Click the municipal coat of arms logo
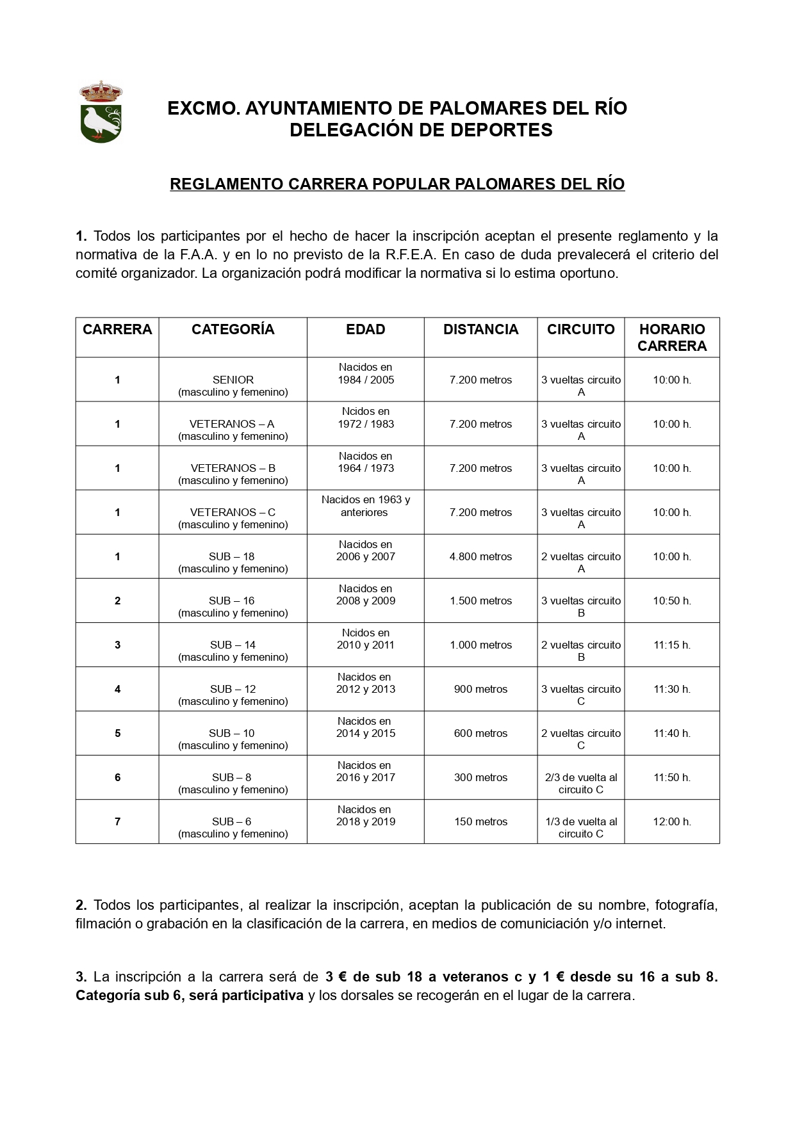pyautogui.click(x=101, y=112)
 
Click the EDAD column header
pyautogui.click(x=365, y=330)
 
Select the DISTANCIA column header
pyautogui.click(x=480, y=330)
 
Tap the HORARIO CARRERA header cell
pyautogui.click(x=671, y=337)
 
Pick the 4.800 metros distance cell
pyautogui.click(x=480, y=556)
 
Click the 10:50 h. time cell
pyautogui.click(x=671, y=601)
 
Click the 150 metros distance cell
pyautogui.click(x=480, y=821)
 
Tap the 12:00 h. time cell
pyautogui.click(x=671, y=821)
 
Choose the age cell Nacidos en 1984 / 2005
pyautogui.click(x=366, y=373)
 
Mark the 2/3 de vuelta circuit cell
pyautogui.click(x=581, y=783)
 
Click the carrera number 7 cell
pyautogui.click(x=117, y=821)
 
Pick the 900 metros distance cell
pyautogui.click(x=480, y=689)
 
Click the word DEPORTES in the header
pyautogui.click(x=502, y=130)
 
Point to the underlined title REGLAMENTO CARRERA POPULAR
pyautogui.click(x=397, y=184)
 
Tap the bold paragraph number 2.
pyautogui.click(x=81, y=905)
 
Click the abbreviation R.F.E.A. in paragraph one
pyautogui.click(x=411, y=255)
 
